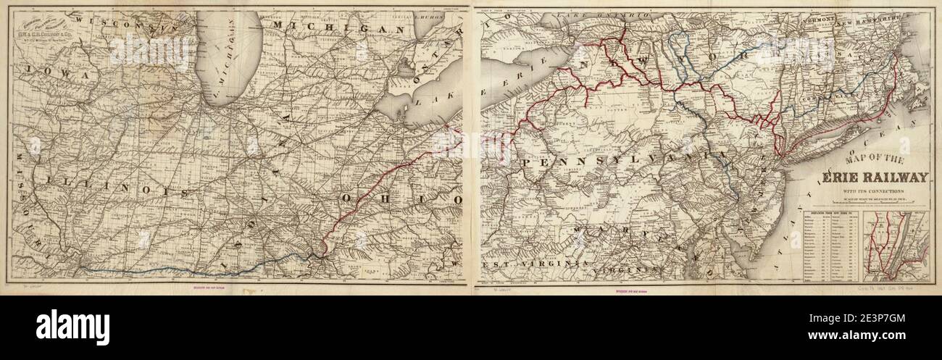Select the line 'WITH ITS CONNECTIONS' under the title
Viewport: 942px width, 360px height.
pyautogui.click(x=865, y=191)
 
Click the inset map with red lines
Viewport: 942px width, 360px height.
pyautogui.click(x=899, y=245)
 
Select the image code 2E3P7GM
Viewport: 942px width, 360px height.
pyautogui.click(x=888, y=319)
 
